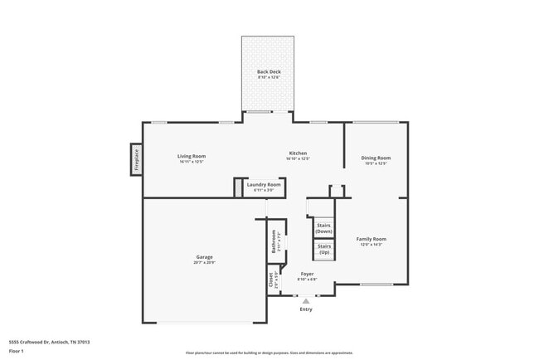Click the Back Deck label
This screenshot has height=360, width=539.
269,72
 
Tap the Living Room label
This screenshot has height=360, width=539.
192,156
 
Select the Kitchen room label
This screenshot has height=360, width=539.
298,153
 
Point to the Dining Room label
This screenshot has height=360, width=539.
376,158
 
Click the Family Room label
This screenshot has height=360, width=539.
371,239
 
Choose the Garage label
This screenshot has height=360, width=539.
205,257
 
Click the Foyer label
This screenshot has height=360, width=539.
307,274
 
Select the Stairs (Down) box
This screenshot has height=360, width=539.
323,227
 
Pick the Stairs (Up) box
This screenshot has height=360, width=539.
323,249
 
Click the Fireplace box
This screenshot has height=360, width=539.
137,159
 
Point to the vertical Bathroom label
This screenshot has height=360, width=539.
274,241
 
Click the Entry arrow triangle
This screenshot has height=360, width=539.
306,300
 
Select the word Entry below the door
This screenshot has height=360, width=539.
306,309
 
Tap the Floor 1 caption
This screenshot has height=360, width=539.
17,351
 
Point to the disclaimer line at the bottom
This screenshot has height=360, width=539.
269,353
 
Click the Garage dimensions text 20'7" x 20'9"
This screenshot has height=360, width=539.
205,262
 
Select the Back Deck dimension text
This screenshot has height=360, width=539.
269,77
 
